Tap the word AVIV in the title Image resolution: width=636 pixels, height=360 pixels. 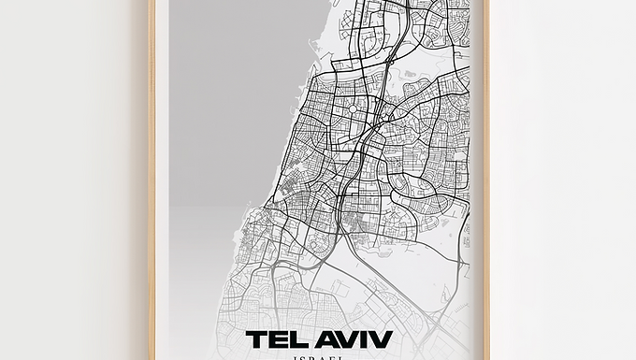(x=354, y=339)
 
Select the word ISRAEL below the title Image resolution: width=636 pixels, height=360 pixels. (x=319, y=357)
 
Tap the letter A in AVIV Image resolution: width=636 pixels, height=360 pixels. (x=325, y=339)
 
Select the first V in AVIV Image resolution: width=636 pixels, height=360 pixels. (x=347, y=339)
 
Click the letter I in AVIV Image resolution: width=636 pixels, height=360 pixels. (x=363, y=339)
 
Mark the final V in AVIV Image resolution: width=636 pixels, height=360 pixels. (x=380, y=339)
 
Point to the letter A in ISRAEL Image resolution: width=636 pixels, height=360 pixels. (x=324, y=357)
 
